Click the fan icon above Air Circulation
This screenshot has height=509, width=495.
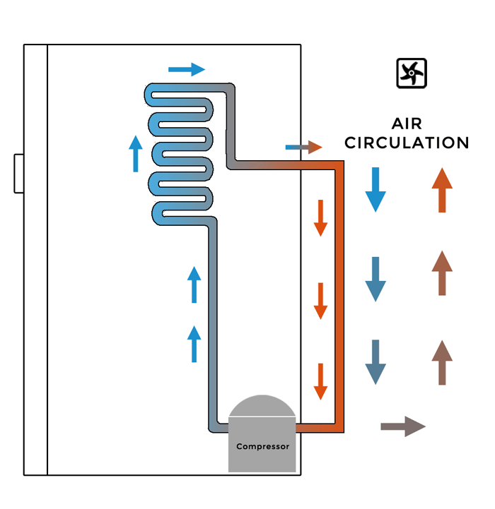tap(412, 73)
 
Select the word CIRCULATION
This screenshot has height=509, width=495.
tap(407, 143)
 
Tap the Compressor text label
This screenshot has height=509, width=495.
tap(262, 446)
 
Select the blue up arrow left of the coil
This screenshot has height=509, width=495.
tap(136, 153)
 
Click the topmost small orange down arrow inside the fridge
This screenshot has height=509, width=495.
tap(320, 217)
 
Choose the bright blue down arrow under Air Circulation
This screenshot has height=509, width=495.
tap(375, 190)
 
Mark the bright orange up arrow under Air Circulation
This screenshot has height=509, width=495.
tap(442, 190)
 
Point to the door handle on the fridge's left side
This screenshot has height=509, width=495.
tap(19, 173)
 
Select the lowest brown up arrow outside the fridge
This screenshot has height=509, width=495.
tap(442, 362)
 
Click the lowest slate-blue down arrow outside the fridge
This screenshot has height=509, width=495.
tap(375, 362)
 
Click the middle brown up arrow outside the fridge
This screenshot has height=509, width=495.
tap(442, 273)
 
